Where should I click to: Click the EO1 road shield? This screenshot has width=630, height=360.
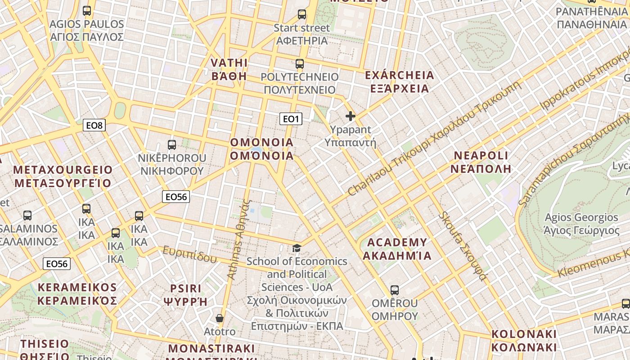291,119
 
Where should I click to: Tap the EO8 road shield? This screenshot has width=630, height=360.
94,125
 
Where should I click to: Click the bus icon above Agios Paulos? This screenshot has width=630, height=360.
87,10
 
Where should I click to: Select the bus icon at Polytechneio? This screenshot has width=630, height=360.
300,64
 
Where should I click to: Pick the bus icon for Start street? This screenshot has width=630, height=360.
302,14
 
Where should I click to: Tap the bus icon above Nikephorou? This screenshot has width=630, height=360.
172,144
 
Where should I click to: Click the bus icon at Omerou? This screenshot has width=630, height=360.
395,290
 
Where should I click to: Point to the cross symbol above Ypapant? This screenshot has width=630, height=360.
351,116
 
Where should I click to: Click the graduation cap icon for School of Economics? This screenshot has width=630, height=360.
297,248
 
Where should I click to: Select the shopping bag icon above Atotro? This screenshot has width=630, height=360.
220,318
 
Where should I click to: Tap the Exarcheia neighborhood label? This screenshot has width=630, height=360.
400,81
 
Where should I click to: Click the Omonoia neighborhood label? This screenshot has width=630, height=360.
261,149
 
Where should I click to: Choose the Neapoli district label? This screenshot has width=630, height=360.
481,162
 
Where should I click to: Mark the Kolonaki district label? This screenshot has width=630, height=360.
524,341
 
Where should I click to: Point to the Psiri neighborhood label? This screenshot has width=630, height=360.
186,295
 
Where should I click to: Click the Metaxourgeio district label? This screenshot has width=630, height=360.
63,176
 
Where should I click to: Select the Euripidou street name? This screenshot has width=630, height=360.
189,254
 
